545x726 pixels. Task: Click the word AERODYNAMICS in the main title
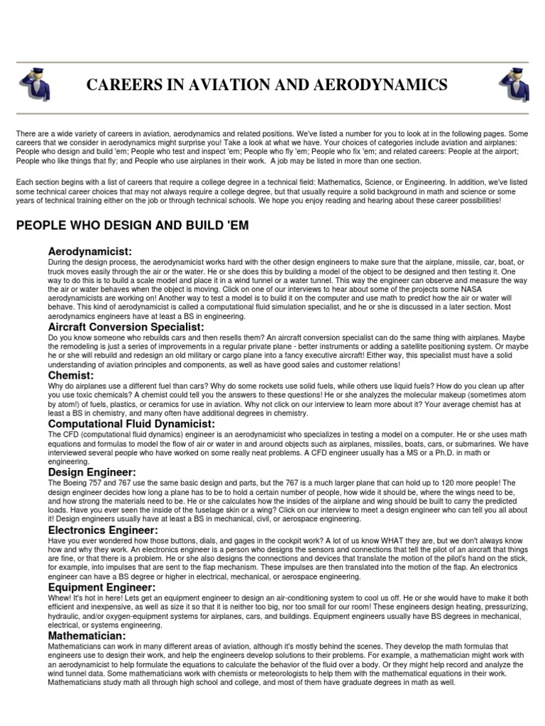(385, 86)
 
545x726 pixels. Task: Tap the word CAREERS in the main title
(123, 86)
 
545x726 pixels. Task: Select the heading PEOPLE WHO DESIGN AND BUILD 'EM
(132, 225)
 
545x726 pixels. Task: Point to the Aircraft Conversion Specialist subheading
(126, 327)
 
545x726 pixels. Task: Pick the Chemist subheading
(71, 374)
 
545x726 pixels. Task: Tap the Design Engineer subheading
(92, 471)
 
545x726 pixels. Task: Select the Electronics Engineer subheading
(103, 529)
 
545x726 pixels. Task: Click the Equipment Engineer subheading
(101, 587)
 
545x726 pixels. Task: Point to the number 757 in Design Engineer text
(95, 482)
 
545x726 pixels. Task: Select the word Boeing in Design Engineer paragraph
(72, 482)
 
